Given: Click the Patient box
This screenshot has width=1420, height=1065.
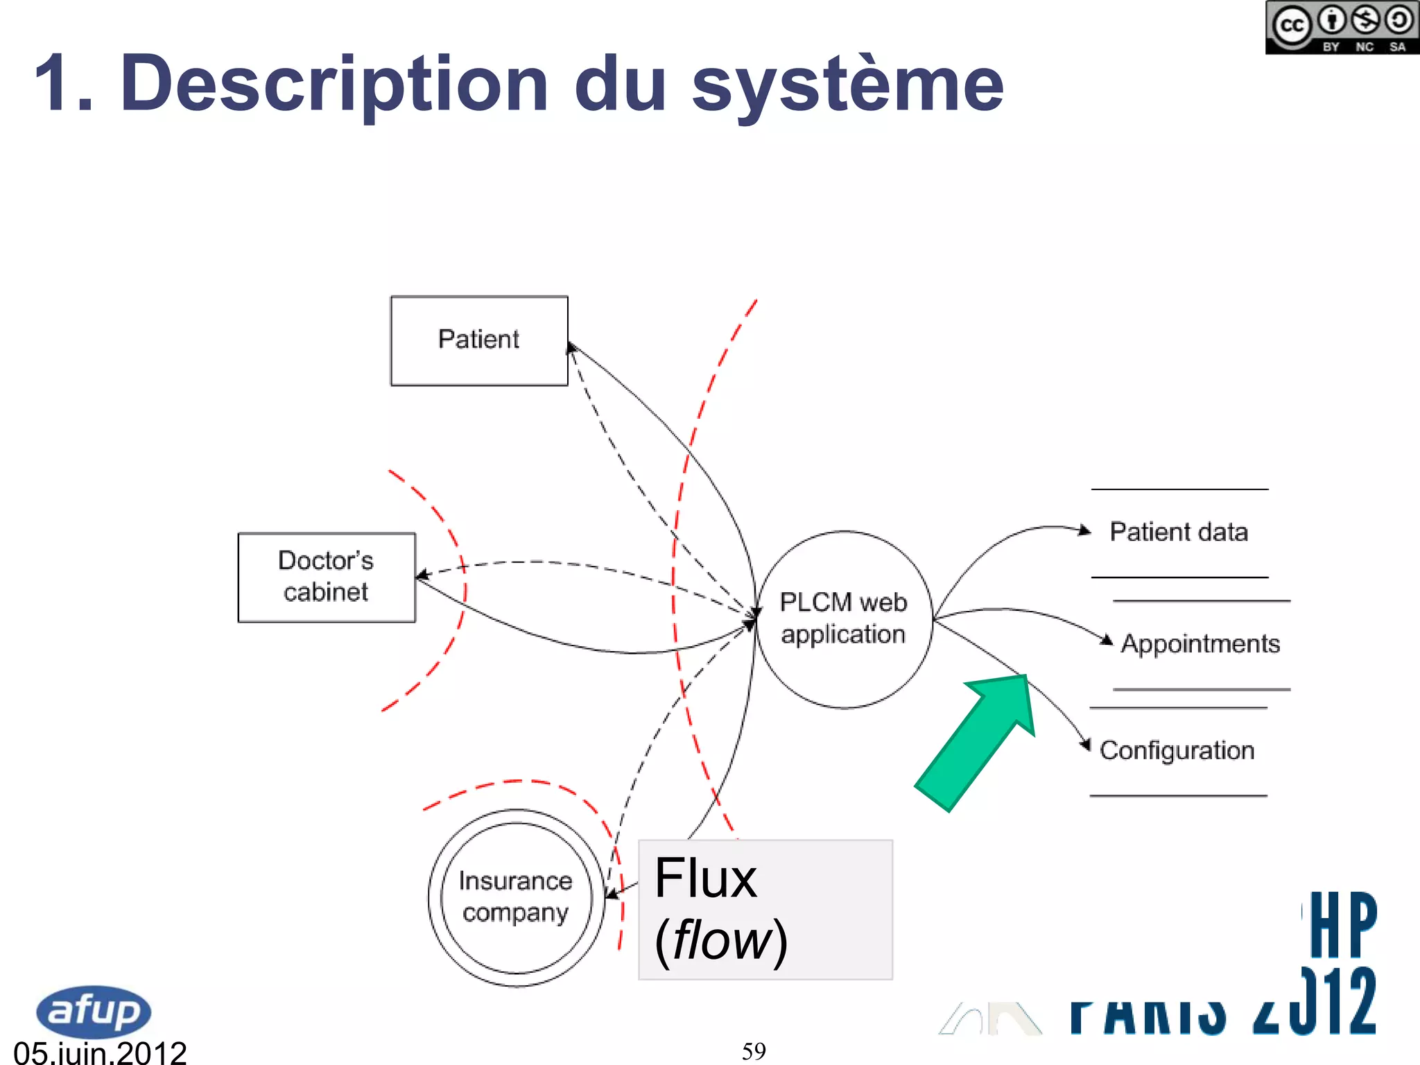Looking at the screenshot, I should tap(479, 340).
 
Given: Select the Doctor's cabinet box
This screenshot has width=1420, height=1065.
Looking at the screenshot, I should tap(327, 577).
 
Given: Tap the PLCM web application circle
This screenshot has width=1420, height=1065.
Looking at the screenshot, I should tap(843, 619).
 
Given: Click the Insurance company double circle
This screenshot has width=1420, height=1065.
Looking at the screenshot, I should tap(516, 897).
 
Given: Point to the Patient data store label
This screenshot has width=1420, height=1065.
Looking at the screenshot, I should tap(1179, 532).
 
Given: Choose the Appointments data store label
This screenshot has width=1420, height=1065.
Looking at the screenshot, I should tap(1200, 643).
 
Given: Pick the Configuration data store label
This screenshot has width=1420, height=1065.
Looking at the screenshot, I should tap(1177, 750).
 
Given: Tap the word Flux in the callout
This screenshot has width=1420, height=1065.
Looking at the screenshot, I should tap(705, 878).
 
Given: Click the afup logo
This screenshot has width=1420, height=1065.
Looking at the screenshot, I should tap(93, 1011).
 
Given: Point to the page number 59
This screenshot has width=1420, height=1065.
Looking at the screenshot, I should tap(754, 1051).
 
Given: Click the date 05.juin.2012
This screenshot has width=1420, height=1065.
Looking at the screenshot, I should tap(100, 1053).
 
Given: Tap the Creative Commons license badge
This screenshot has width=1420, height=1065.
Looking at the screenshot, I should tap(1342, 28).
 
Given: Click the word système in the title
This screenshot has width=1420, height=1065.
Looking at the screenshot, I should tap(847, 85).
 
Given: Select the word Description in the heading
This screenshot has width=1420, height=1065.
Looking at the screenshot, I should tap(334, 85).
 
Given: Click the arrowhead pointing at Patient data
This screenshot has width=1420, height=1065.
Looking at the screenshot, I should tap(1084, 530).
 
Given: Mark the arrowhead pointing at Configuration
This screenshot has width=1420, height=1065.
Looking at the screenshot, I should tap(1085, 744).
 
